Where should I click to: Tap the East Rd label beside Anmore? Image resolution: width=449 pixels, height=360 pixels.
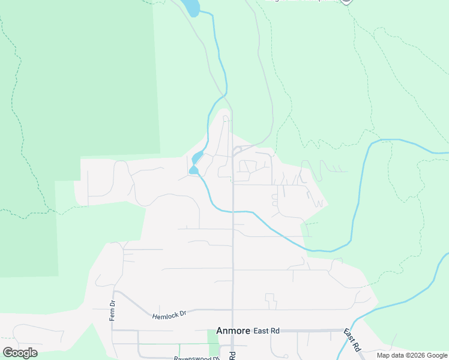[x=267, y=331]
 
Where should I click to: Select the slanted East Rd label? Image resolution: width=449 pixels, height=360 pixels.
[x=352, y=340]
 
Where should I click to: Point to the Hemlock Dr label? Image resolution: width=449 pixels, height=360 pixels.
[x=170, y=314]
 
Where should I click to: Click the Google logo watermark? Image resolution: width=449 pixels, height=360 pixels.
[x=20, y=353]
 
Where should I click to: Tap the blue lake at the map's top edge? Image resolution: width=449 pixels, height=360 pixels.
[x=191, y=7]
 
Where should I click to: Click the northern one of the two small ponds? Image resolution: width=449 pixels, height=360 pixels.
[x=196, y=158]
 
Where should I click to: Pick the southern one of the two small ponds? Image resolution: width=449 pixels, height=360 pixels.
[x=193, y=171]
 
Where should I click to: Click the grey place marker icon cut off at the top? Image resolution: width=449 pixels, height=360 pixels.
[x=346, y=2]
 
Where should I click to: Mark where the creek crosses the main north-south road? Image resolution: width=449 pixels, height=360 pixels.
[x=233, y=211]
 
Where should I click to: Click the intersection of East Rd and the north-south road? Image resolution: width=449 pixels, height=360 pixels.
[x=233, y=331]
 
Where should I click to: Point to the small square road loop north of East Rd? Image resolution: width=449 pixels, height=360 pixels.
[x=270, y=298]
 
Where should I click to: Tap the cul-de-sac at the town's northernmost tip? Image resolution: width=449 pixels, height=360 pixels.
[x=226, y=118]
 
